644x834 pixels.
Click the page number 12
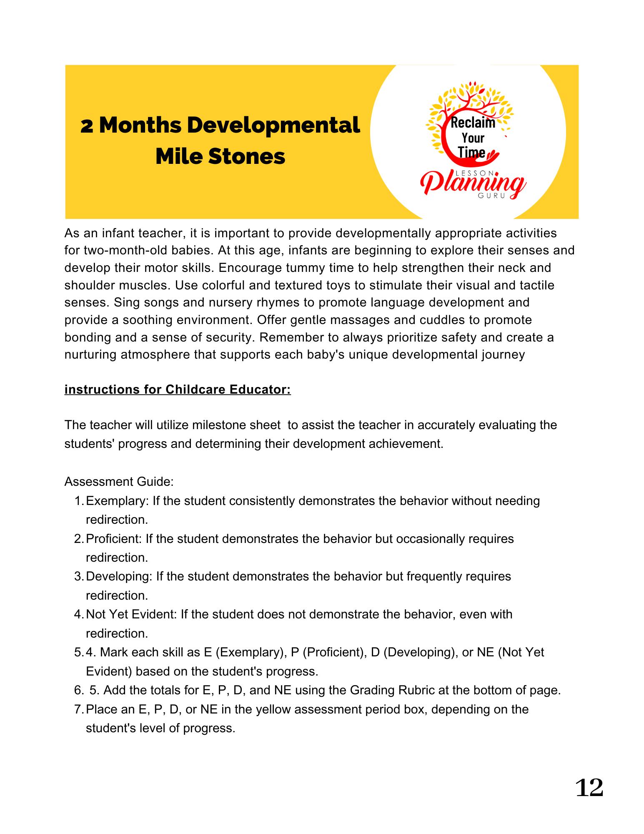(589, 788)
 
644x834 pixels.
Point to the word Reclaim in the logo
(473, 123)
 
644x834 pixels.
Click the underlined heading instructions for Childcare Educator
(178, 389)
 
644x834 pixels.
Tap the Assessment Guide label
(119, 482)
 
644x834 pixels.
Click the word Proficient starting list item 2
(113, 539)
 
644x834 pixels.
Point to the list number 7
(78, 709)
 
